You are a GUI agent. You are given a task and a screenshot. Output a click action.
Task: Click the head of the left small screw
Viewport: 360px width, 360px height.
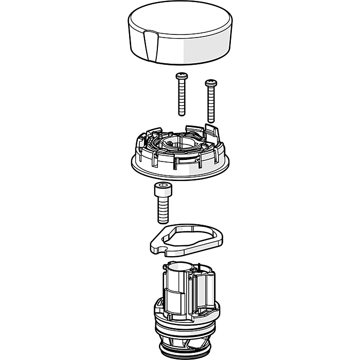(181, 76)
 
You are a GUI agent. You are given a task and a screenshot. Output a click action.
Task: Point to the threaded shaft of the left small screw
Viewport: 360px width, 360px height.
(182, 100)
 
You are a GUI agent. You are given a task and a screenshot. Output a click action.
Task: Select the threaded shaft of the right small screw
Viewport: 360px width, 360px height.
(211, 105)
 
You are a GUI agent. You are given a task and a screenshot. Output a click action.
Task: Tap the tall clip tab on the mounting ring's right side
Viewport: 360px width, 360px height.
(211, 131)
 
